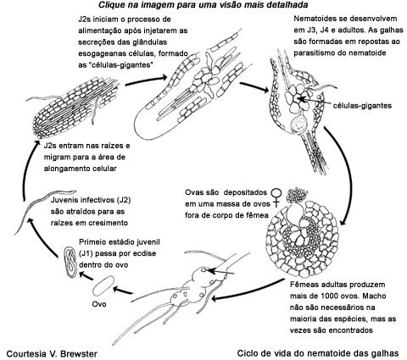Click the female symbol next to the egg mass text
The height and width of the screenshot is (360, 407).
276,197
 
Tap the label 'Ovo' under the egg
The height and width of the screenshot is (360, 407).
99,304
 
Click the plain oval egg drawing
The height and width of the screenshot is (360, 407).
103,286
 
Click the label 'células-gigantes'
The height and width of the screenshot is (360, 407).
363,106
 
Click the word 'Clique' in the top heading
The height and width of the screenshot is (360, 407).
109,5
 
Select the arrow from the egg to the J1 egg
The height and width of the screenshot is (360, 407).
86,275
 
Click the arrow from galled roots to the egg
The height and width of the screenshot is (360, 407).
123,291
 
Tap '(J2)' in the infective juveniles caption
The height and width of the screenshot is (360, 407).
124,200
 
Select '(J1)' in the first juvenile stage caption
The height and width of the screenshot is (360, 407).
86,253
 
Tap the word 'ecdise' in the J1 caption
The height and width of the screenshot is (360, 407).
144,253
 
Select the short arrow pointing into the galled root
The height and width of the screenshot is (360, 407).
220,272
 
